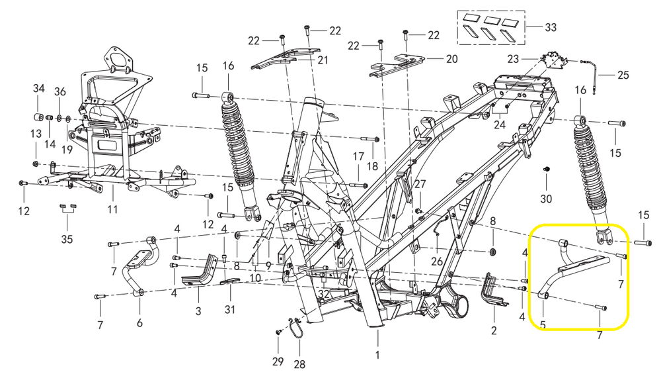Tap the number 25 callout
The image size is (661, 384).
click(x=624, y=75)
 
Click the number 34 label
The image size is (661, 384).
click(x=38, y=89)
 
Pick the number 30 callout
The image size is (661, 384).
click(x=545, y=199)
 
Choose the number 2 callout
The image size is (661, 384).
click(x=493, y=330)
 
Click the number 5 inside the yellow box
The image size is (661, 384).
click(x=543, y=325)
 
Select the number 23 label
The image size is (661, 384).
click(x=513, y=59)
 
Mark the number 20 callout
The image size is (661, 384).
click(x=451, y=59)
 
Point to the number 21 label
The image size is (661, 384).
click(x=323, y=60)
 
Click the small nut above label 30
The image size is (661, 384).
click(x=546, y=170)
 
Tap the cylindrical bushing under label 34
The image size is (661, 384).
click(x=38, y=118)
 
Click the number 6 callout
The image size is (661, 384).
click(x=139, y=324)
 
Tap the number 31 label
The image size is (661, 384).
click(x=229, y=310)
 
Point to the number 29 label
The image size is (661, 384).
click(x=278, y=361)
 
